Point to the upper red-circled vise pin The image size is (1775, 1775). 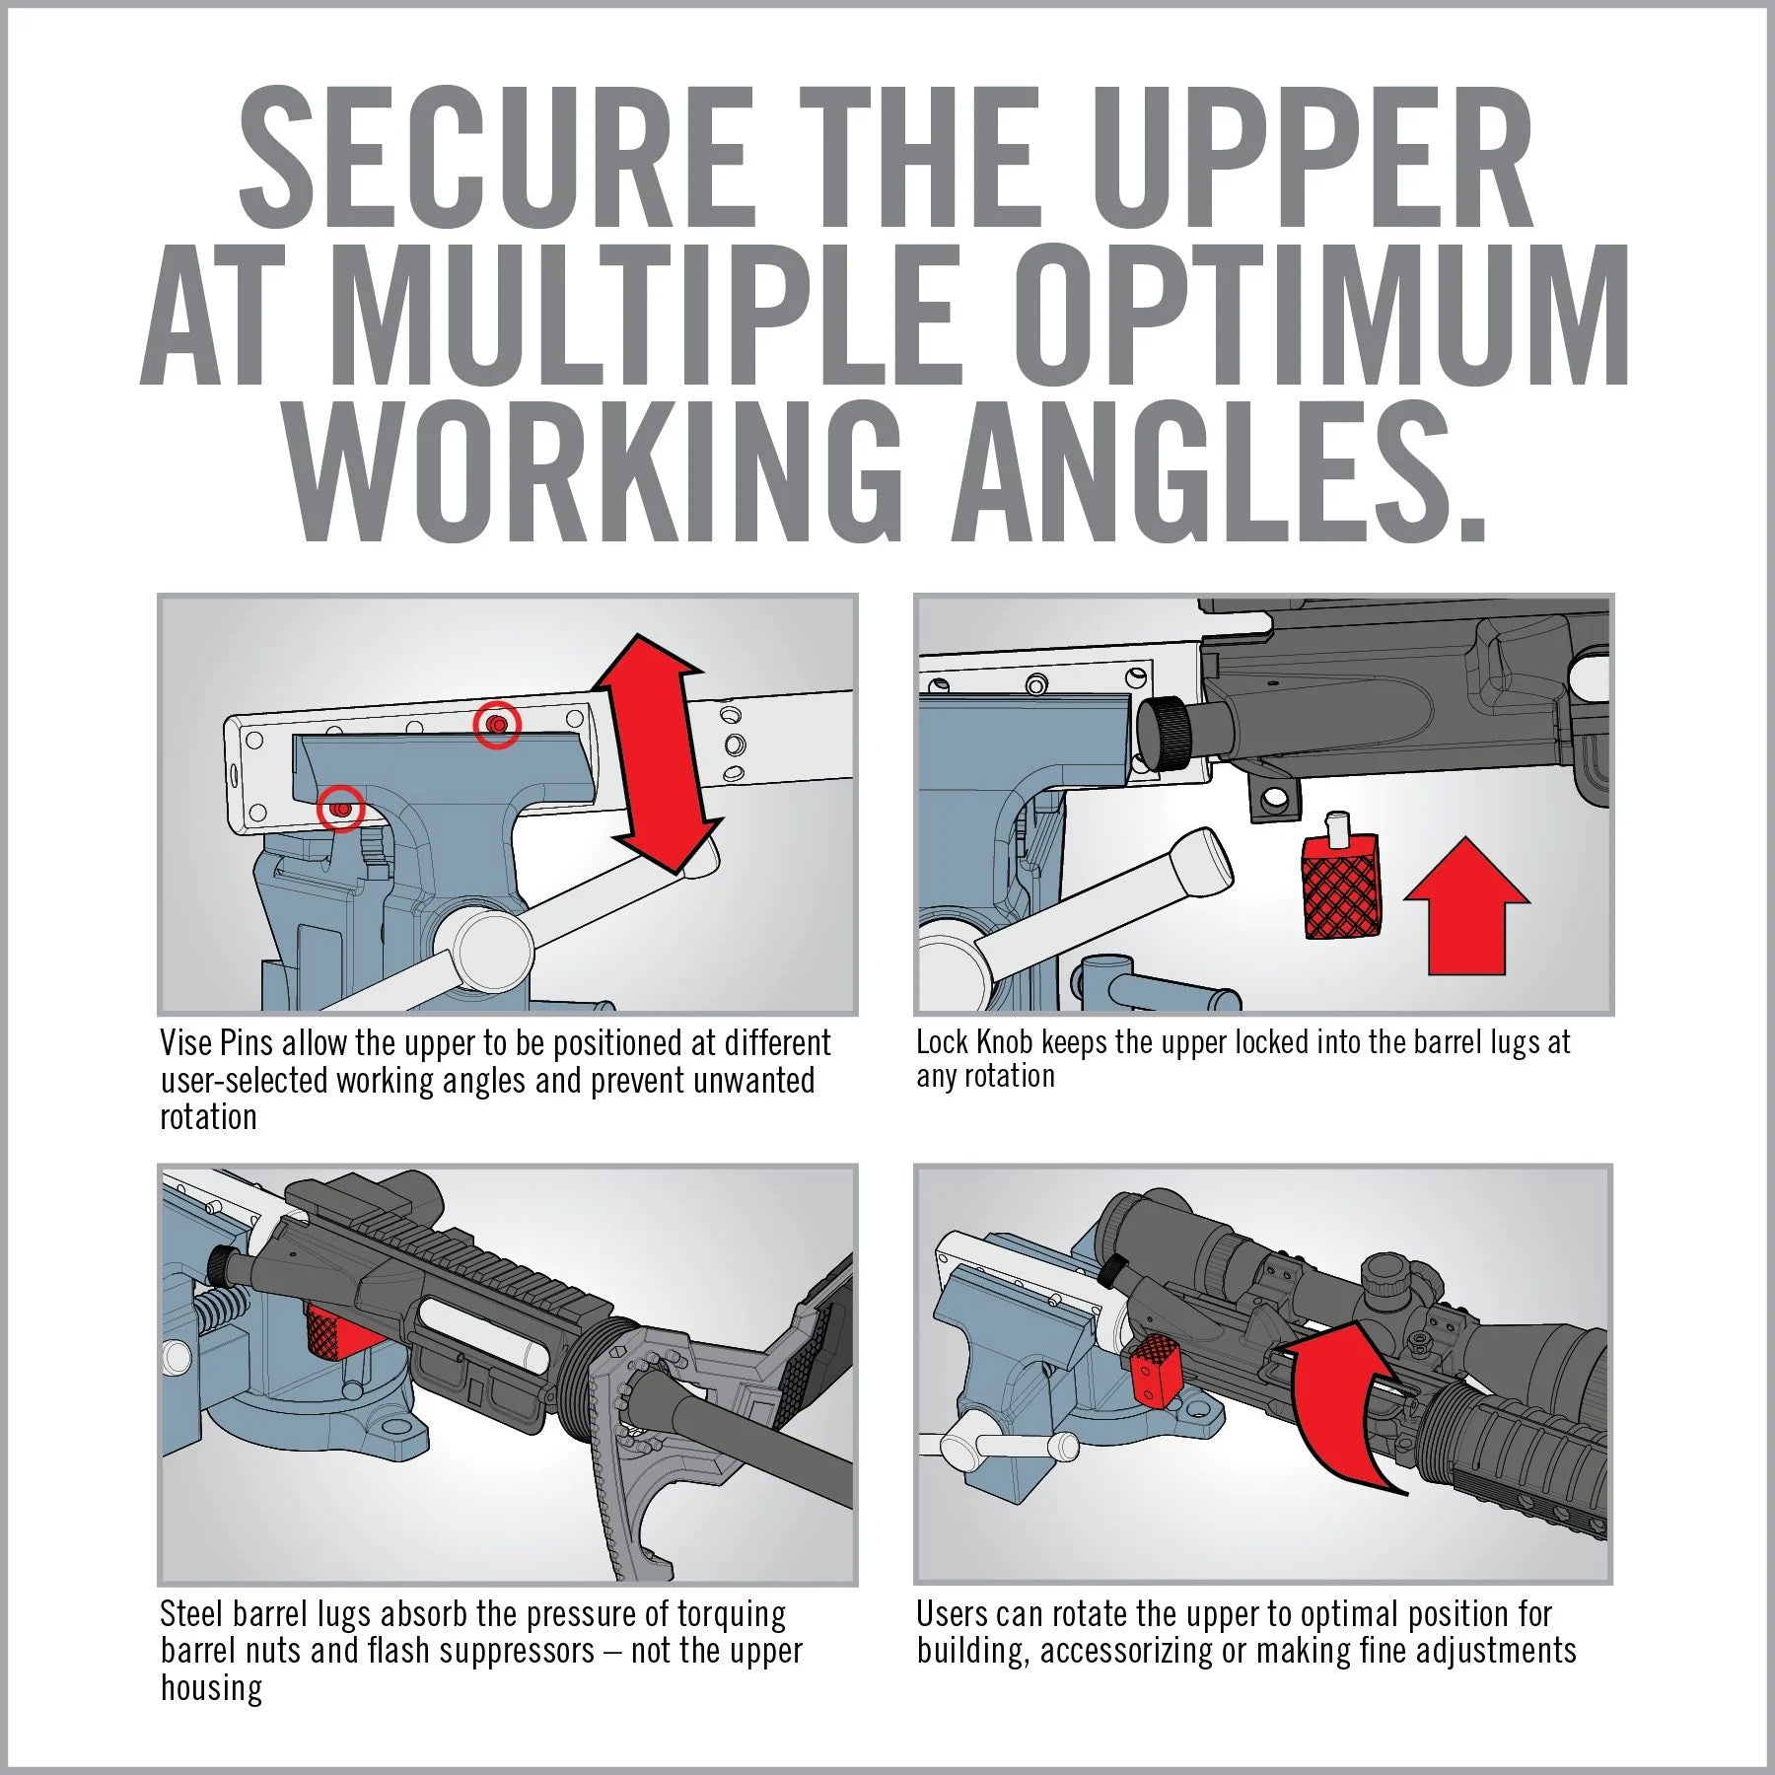tap(497, 725)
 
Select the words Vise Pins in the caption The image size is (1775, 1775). tap(217, 1043)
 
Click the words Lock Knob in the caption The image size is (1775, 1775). tap(973, 1042)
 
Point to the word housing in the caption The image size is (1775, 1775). tap(211, 1687)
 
